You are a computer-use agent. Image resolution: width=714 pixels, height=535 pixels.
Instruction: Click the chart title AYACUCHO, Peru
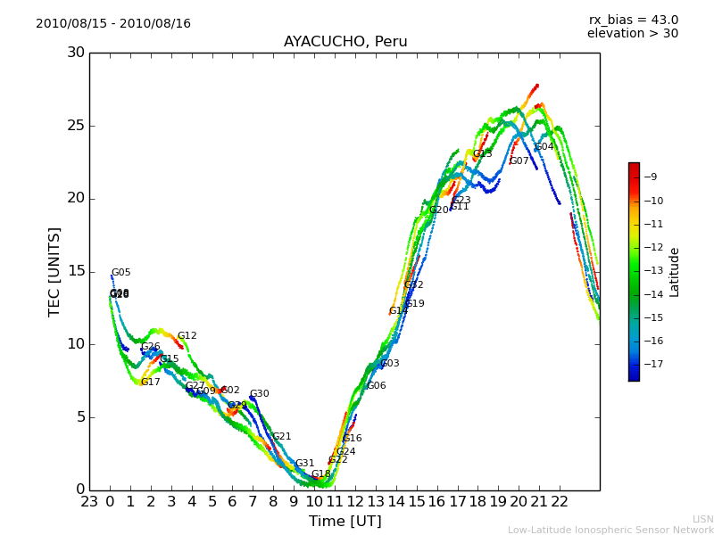pyautogui.click(x=345, y=42)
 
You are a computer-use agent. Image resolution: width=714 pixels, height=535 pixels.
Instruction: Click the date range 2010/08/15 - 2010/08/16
pyautogui.click(x=113, y=24)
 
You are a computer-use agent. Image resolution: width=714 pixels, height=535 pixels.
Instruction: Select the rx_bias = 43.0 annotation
pyautogui.click(x=633, y=20)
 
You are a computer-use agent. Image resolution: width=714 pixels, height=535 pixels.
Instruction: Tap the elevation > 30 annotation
pyautogui.click(x=632, y=34)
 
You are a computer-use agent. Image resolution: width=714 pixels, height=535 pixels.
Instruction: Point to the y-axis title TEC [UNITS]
pyautogui.click(x=55, y=271)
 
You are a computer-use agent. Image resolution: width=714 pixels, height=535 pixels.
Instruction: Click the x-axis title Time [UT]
pyautogui.click(x=345, y=522)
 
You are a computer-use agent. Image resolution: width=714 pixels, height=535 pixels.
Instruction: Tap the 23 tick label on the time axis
pyautogui.click(x=89, y=502)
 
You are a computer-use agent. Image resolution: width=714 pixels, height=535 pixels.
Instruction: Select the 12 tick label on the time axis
pyautogui.click(x=355, y=502)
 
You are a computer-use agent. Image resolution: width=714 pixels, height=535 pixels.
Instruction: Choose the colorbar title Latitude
pyautogui.click(x=675, y=272)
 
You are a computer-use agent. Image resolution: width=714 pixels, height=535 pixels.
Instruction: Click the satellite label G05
pyautogui.click(x=120, y=273)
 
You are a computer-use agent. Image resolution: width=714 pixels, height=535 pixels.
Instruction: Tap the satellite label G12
pyautogui.click(x=187, y=336)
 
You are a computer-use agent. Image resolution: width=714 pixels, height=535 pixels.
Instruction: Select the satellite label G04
pyautogui.click(x=544, y=147)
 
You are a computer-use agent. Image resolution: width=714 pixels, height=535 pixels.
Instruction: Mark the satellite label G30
pyautogui.click(x=259, y=394)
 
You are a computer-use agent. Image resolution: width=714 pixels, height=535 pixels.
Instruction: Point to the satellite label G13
pyautogui.click(x=482, y=154)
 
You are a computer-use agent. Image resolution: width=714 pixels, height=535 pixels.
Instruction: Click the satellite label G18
pyautogui.click(x=320, y=474)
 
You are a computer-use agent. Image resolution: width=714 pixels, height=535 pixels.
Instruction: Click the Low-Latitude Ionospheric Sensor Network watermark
pyautogui.click(x=610, y=531)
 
